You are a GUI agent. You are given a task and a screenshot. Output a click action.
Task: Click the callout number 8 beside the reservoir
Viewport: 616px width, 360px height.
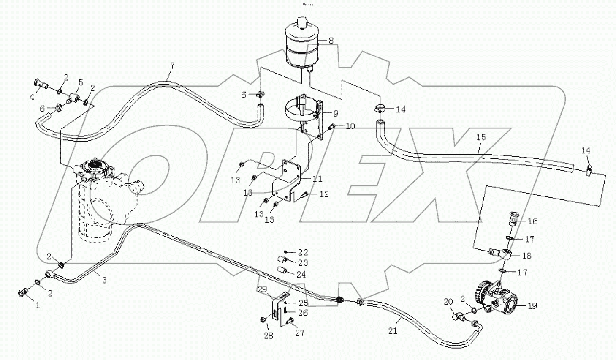pos(331,41)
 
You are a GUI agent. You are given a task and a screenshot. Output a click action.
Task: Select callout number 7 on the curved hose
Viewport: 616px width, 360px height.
pos(172,66)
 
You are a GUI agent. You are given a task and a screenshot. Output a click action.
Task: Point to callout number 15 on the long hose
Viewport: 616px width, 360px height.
pos(481,137)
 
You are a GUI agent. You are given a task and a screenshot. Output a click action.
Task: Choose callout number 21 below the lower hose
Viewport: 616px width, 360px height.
pos(393,331)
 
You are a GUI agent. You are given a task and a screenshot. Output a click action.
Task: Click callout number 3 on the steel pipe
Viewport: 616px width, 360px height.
pos(104,280)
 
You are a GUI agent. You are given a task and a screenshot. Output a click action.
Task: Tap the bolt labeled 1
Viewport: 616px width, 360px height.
pos(24,292)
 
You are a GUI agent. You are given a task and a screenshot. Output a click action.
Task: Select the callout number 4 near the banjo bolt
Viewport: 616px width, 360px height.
pos(32,97)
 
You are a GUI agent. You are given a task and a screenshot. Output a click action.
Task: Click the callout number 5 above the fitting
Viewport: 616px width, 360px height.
pos(80,82)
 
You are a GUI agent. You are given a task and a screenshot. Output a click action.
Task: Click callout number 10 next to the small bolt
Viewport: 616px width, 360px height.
pos(350,126)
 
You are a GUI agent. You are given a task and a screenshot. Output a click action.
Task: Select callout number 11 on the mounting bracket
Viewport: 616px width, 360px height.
pos(317,179)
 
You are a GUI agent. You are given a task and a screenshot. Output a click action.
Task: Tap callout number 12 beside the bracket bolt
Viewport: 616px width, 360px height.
pos(324,194)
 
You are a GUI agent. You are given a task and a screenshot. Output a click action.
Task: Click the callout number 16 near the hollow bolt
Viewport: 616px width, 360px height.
pos(532,221)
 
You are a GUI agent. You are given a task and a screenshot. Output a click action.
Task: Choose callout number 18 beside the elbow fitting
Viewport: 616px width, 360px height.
pos(526,256)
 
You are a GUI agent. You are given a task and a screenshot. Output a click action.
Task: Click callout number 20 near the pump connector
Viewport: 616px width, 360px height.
pos(448,302)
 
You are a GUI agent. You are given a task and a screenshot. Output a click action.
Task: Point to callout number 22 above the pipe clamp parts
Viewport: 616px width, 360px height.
pos(303,253)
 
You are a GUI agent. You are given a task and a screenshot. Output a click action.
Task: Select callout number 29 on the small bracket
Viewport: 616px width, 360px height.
pos(262,289)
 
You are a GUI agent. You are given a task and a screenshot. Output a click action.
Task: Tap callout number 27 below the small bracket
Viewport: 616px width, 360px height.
pos(299,333)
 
